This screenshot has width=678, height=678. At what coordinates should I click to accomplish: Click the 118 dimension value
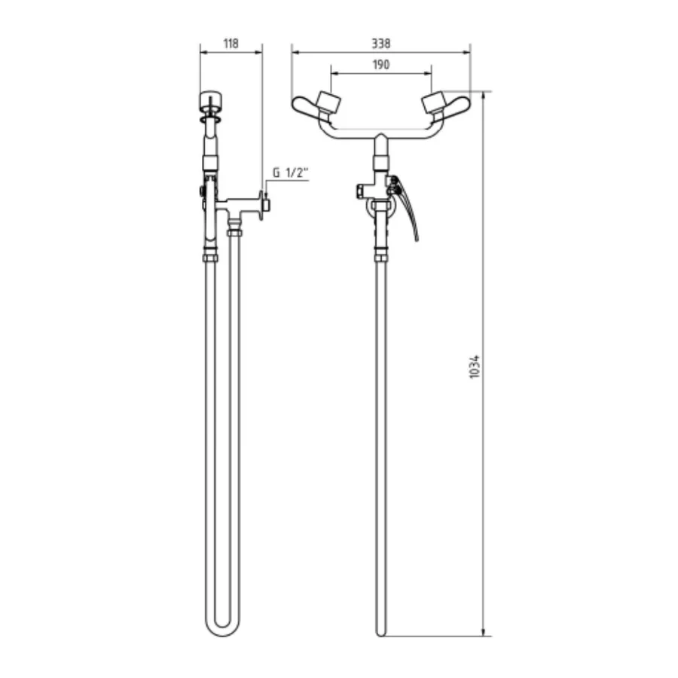coord(231,44)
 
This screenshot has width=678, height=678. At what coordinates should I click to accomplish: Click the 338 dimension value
coord(381,44)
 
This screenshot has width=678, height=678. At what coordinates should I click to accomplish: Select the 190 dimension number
coord(381,65)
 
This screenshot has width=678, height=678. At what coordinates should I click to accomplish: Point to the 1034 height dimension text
coord(475,367)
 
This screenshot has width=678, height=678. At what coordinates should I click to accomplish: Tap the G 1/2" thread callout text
coord(290,173)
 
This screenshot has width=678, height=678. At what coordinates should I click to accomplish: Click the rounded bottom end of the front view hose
coord(380,632)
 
